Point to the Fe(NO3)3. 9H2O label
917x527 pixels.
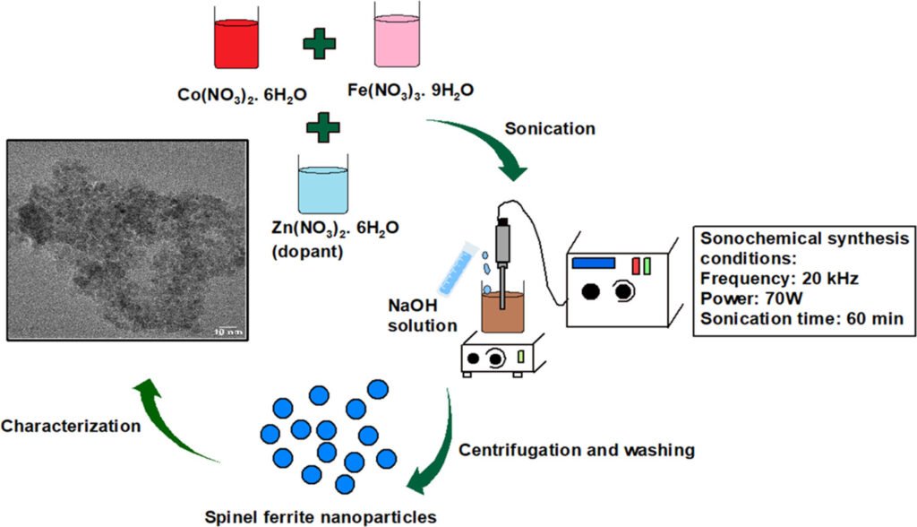tap(409, 91)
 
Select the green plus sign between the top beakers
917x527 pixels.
tap(319, 44)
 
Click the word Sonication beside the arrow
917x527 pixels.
tap(549, 128)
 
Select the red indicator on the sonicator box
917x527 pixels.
tap(636, 265)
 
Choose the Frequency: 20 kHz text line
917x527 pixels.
tap(779, 279)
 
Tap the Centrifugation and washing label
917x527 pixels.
tap(576, 450)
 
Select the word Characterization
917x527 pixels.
tap(71, 426)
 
